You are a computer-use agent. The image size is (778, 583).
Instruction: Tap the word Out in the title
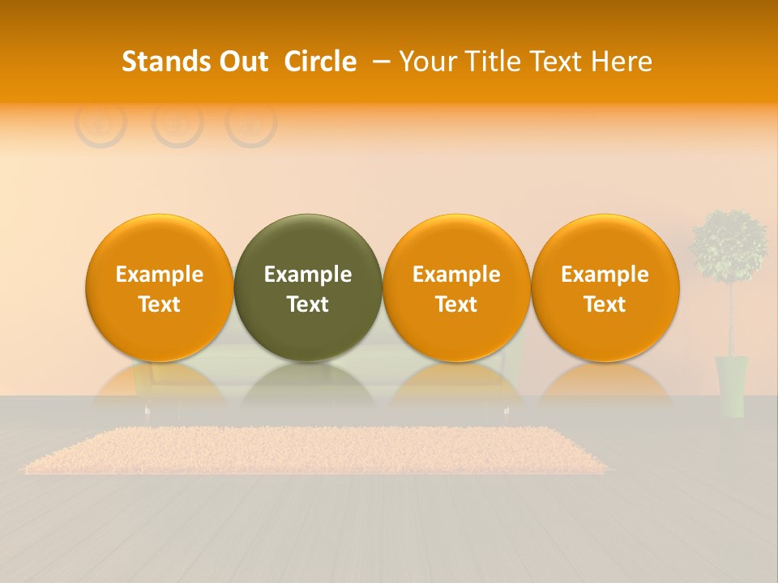(242, 62)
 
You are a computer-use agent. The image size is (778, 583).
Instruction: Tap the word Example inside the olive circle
(308, 274)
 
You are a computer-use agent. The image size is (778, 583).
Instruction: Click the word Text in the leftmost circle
(160, 304)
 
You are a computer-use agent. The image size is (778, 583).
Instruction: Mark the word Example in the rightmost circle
(605, 274)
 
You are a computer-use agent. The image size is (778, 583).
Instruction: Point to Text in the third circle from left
(456, 304)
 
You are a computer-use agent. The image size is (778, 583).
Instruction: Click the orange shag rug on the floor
(316, 450)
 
